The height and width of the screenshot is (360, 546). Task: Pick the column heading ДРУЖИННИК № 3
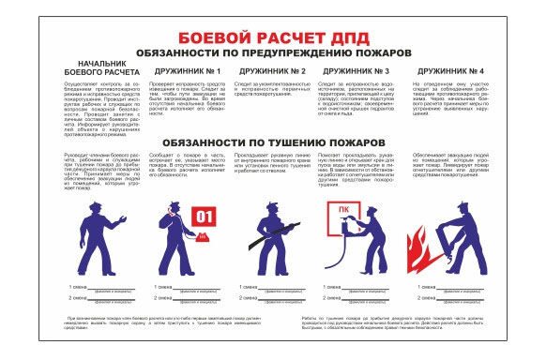pyautogui.click(x=356, y=71)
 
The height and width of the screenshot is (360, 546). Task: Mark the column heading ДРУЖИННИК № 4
pyautogui.click(x=450, y=71)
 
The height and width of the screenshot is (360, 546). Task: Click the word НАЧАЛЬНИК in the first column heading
pyautogui.click(x=94, y=65)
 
